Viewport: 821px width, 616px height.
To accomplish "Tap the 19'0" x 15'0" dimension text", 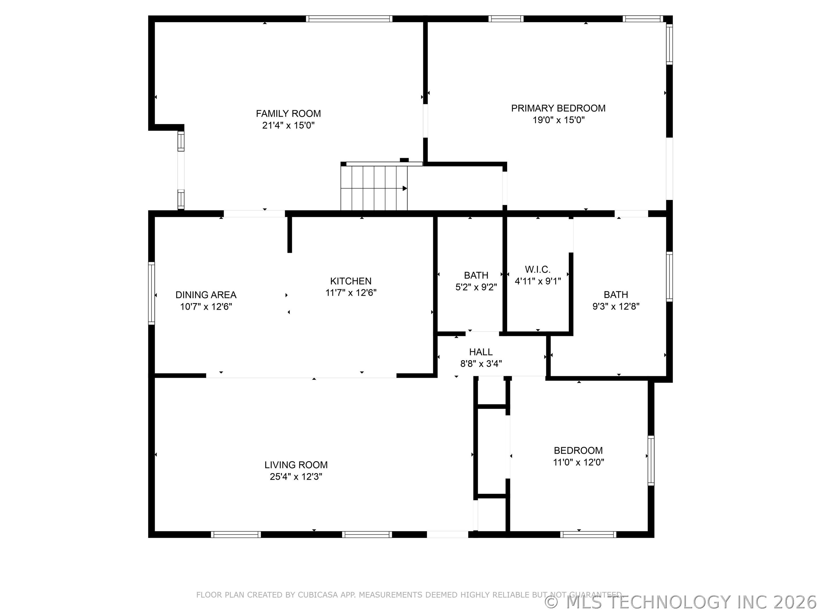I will (558, 120).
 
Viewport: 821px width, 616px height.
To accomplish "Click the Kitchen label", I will (351, 281).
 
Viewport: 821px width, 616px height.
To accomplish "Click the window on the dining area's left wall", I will (151, 293).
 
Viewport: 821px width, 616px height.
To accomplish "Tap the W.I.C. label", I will (537, 269).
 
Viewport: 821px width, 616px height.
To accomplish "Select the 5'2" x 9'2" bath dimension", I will (476, 287).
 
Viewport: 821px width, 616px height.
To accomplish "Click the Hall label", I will (481, 352).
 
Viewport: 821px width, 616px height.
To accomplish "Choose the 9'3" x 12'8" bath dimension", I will (616, 306).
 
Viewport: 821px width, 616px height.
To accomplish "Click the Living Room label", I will (296, 465).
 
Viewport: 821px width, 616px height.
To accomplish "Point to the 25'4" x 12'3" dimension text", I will (296, 477).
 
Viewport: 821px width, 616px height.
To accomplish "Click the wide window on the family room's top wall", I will (349, 19).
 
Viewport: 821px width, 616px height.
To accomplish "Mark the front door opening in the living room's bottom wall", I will (447, 535).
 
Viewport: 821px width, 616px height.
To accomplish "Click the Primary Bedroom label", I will (558, 108).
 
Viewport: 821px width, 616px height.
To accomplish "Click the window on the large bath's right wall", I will (669, 277).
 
